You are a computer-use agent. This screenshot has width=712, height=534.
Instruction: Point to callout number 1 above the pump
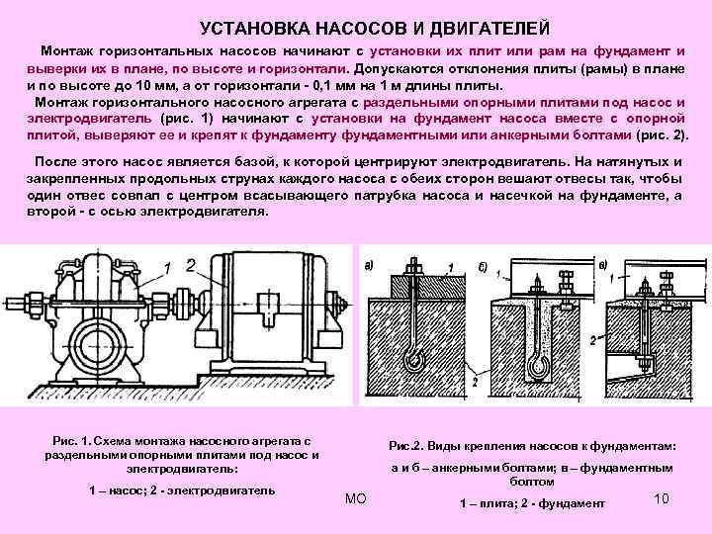169,265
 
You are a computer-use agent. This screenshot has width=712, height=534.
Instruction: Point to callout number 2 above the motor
191,264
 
